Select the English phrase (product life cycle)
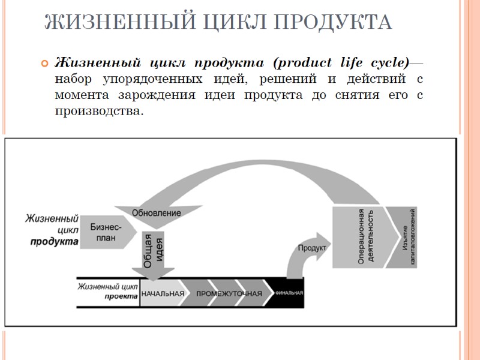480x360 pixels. [341, 62]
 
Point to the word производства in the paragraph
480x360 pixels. [99, 111]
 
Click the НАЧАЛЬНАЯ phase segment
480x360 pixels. [163, 293]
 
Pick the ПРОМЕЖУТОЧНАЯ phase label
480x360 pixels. [229, 293]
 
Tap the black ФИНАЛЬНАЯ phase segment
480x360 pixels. [289, 293]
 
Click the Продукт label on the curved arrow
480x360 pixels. [311, 247]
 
